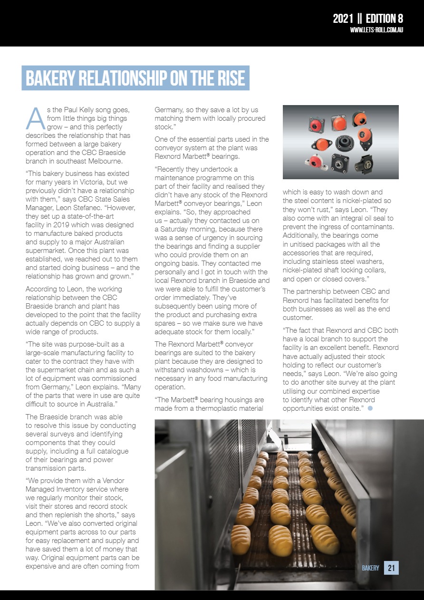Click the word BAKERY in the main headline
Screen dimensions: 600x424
coord(59,78)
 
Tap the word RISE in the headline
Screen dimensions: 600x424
coord(225,78)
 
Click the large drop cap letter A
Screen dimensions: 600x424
coord(35,119)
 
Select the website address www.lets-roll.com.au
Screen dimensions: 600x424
coord(376,30)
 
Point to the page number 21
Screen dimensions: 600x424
coord(392,568)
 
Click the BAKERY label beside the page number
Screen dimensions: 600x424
coord(371,568)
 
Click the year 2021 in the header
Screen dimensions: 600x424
coord(343,19)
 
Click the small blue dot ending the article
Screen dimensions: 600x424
coord(370,408)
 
